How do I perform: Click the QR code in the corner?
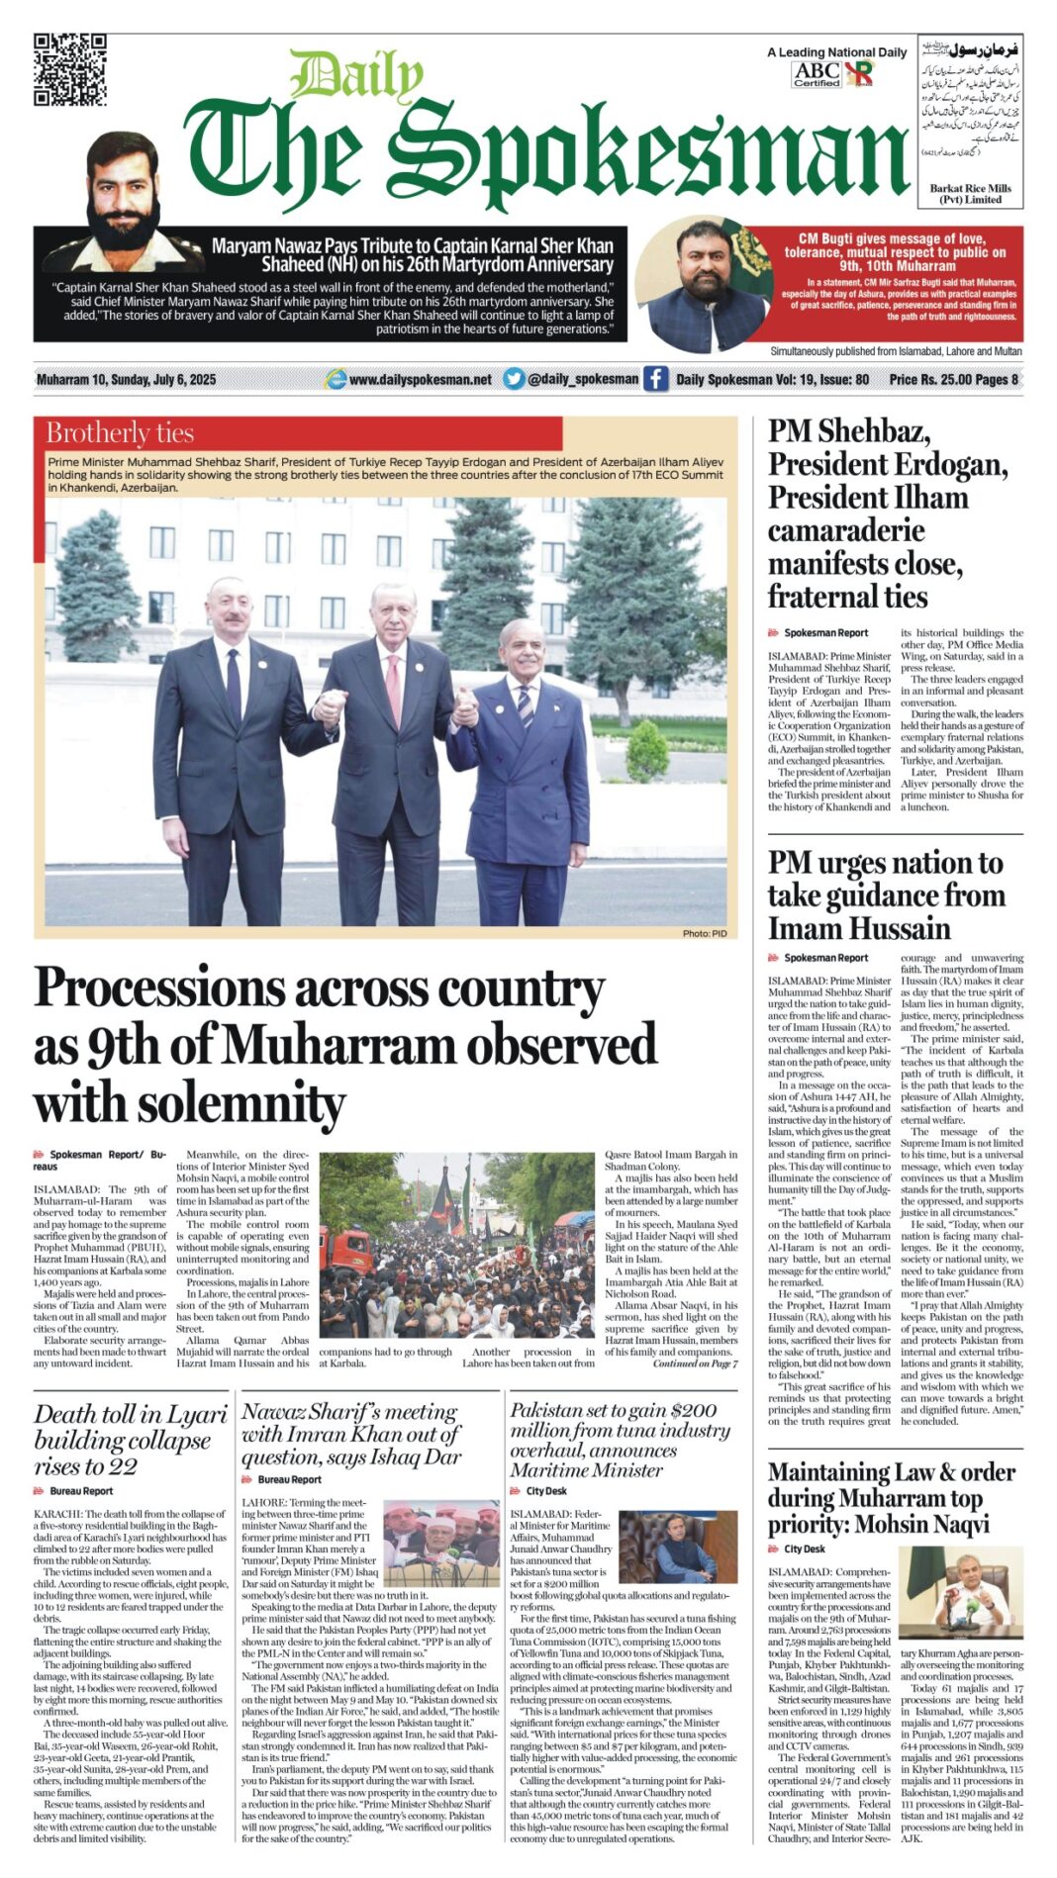click(x=69, y=69)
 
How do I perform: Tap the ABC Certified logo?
click(x=817, y=73)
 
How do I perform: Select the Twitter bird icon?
click(x=514, y=379)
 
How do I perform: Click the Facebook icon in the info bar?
click(x=655, y=379)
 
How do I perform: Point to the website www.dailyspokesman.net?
click(x=420, y=379)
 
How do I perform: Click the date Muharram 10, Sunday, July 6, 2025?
click(x=126, y=380)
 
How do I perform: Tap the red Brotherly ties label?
click(x=120, y=433)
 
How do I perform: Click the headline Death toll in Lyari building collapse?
click(x=131, y=1440)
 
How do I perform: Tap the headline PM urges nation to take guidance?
click(x=886, y=895)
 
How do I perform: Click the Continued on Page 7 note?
click(x=695, y=1363)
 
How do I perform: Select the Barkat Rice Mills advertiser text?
click(x=970, y=193)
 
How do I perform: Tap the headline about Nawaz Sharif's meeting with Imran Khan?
click(x=351, y=1434)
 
